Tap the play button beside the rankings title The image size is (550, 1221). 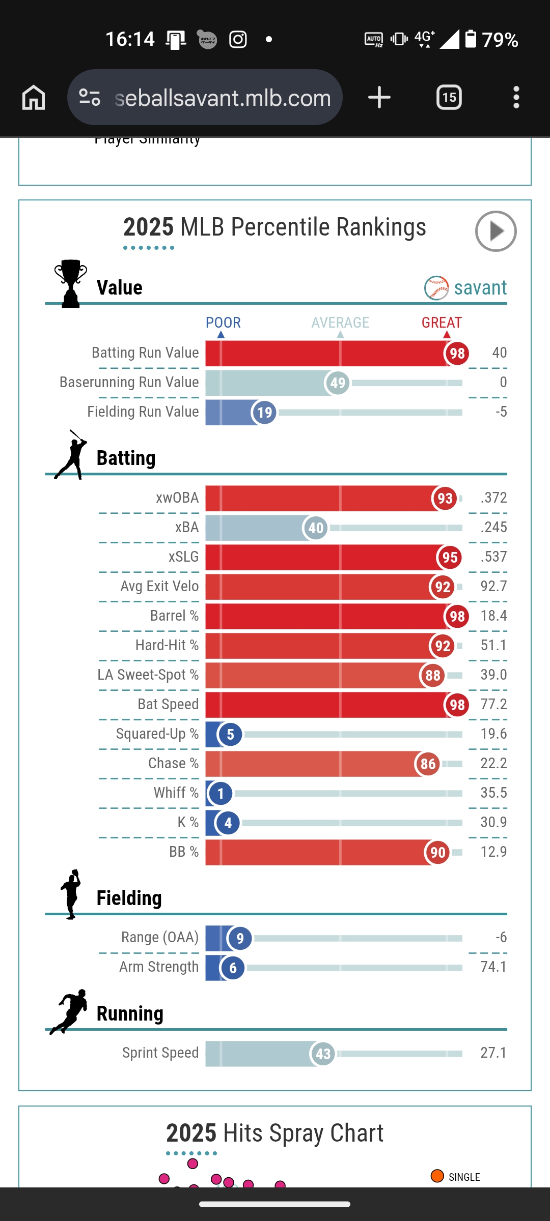click(496, 231)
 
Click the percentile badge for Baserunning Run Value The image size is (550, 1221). click(337, 383)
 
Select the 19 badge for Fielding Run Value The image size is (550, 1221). click(264, 413)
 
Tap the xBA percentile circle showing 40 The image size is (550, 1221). click(315, 528)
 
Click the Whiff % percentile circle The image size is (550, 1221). click(221, 794)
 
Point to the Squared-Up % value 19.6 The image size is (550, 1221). click(493, 734)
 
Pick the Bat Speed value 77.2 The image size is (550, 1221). click(493, 704)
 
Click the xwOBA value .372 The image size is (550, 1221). click(493, 498)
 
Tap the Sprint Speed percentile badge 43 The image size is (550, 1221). click(323, 1054)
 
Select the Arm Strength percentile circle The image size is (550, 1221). click(233, 968)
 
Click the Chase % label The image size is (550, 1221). click(173, 763)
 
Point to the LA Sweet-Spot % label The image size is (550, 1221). click(148, 675)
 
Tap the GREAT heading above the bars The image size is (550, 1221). click(442, 323)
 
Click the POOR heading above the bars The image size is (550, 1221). click(223, 323)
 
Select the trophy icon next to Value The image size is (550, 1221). click(70, 283)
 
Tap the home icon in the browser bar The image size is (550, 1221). click(34, 97)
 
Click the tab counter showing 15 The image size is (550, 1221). click(449, 97)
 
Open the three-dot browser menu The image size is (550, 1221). click(516, 97)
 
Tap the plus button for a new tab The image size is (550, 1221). click(379, 97)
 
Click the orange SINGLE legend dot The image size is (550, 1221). click(437, 1176)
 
